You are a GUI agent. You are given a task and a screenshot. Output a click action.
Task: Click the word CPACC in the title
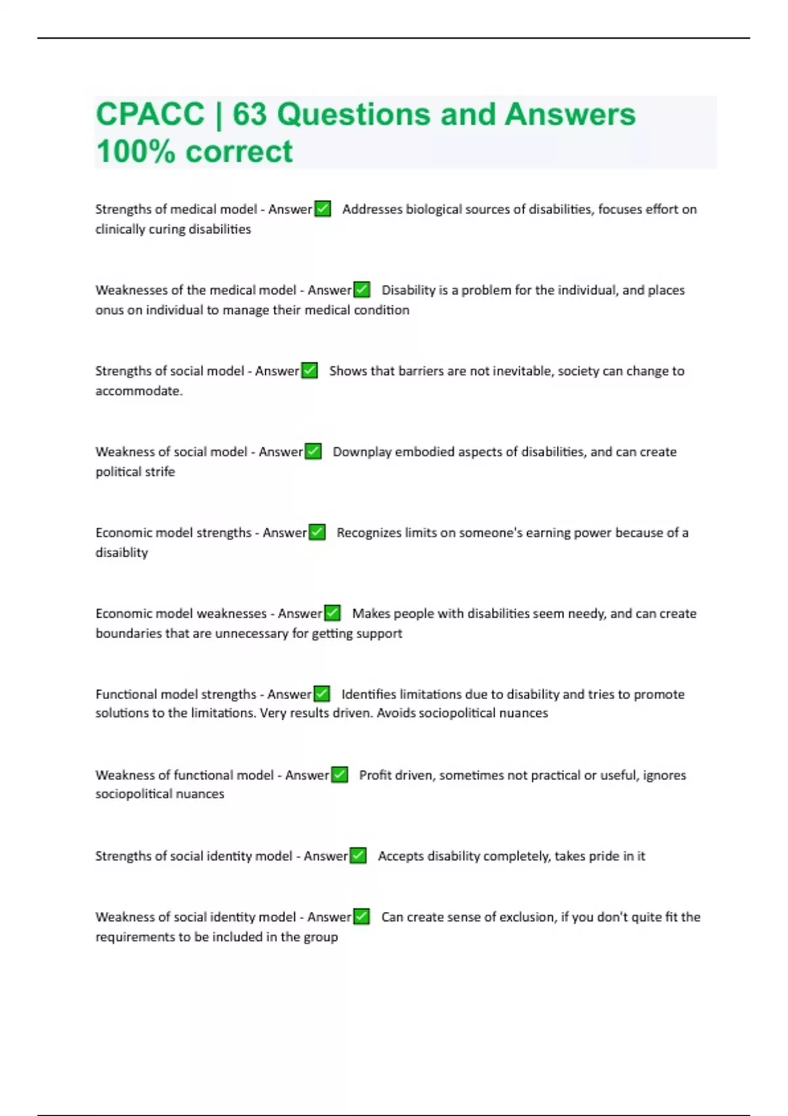click(x=150, y=115)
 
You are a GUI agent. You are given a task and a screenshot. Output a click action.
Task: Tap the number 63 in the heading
click(x=250, y=115)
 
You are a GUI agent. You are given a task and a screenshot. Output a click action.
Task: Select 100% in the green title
click(x=136, y=152)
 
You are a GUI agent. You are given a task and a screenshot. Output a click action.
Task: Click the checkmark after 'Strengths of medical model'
click(x=322, y=209)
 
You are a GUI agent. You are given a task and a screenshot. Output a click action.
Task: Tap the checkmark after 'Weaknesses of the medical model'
click(x=362, y=290)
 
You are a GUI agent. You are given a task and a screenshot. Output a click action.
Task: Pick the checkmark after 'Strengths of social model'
click(x=309, y=370)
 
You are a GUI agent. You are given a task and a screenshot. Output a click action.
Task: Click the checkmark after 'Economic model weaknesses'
click(x=332, y=613)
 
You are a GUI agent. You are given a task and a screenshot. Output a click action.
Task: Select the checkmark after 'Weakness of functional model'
click(x=339, y=775)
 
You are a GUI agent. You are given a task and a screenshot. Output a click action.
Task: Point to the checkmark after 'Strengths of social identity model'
click(x=358, y=855)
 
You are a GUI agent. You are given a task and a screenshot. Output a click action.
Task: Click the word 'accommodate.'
click(x=139, y=391)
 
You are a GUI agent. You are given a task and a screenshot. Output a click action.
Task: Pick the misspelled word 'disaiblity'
click(x=121, y=553)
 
